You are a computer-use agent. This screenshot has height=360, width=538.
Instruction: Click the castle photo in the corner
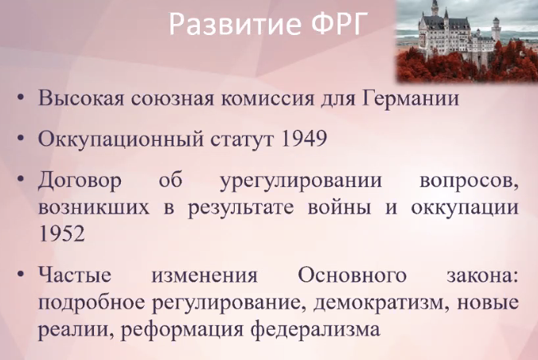point(467,41)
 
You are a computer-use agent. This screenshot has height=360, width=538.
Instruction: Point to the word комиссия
point(267,98)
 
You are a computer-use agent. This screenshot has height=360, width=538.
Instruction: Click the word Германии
point(411,98)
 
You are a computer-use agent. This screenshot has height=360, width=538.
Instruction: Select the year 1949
point(304,139)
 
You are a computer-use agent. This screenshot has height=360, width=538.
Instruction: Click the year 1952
point(61,234)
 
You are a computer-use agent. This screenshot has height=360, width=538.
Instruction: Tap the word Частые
point(75,276)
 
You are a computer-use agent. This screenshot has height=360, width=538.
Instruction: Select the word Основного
point(352,276)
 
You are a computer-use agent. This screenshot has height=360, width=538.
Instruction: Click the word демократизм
point(381,303)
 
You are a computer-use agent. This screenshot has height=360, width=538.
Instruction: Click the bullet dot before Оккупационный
point(21,139)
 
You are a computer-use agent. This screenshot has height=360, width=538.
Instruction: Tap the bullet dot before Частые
point(21,275)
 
